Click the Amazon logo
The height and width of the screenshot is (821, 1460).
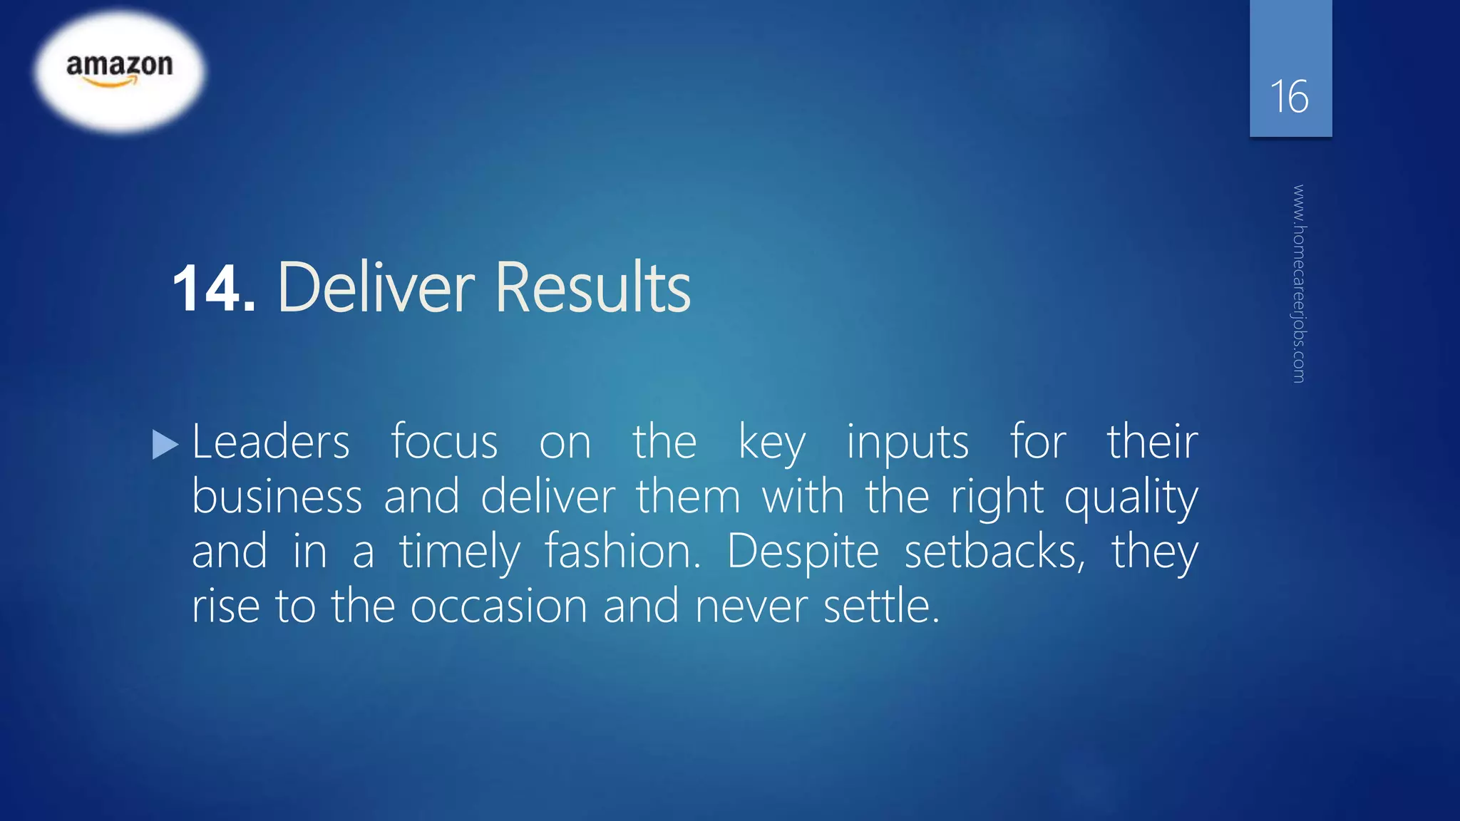click(x=120, y=70)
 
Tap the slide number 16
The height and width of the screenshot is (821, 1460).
click(x=1289, y=97)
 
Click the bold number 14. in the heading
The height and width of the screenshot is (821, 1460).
click(x=213, y=289)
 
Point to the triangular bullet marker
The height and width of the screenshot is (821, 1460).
click(x=165, y=445)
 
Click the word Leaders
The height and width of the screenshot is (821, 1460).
click(x=271, y=442)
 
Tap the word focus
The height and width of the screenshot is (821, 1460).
click(x=444, y=442)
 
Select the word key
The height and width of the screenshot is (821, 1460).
click(x=771, y=443)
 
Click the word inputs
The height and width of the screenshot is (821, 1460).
click(x=908, y=443)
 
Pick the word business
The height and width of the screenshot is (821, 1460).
click(x=277, y=497)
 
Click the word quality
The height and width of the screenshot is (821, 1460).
click(x=1131, y=498)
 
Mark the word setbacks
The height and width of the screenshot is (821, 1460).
click(x=994, y=552)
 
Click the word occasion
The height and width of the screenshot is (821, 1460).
click(x=499, y=606)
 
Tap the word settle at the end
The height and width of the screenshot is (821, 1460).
click(x=881, y=606)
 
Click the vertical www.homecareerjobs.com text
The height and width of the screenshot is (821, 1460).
click(x=1299, y=284)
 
